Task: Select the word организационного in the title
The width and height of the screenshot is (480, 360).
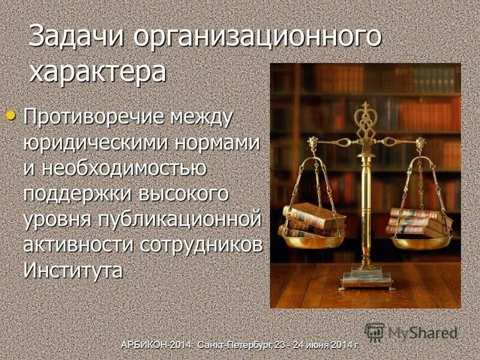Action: coord(257,37)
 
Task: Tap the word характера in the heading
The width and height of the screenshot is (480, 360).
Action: coord(98,72)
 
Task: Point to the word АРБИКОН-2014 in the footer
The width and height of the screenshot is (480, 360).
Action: coord(153,345)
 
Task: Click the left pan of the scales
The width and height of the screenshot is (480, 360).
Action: coord(312,241)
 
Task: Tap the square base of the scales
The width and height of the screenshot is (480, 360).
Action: coord(365,279)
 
